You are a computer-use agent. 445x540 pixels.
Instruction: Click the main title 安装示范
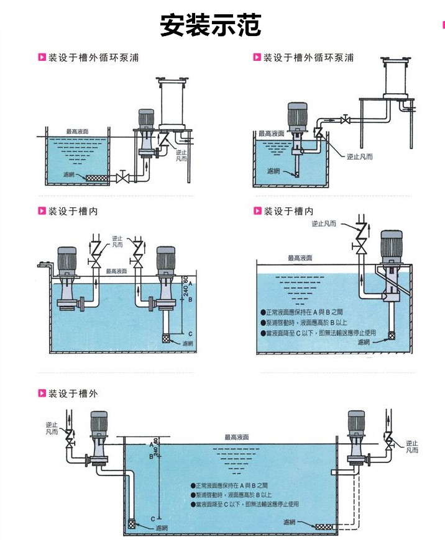click(211, 27)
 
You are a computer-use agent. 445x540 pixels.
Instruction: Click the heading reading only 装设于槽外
click(73, 394)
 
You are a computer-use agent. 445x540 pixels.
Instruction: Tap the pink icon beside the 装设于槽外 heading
click(42, 394)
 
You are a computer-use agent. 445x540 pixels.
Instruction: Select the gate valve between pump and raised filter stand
click(347, 120)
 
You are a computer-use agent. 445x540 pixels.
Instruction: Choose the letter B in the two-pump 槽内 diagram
click(190, 299)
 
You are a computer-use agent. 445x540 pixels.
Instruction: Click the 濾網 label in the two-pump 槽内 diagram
click(187, 343)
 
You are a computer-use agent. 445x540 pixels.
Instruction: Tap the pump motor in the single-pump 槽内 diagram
click(390, 245)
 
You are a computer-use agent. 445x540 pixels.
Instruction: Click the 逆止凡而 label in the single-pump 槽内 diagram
click(323, 223)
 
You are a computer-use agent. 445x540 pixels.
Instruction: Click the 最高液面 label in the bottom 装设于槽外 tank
click(237, 437)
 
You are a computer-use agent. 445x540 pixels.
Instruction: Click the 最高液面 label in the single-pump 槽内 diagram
click(300, 258)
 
